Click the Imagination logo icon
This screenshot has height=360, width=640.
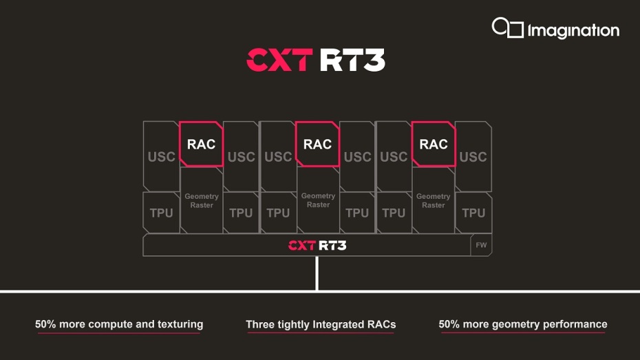click(x=507, y=28)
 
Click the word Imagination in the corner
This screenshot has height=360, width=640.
click(x=573, y=30)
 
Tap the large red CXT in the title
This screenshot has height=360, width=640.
click(x=279, y=60)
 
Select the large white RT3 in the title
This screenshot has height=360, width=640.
click(x=352, y=60)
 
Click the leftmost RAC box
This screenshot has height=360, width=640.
click(x=201, y=144)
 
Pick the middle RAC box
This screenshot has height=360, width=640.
click(x=317, y=144)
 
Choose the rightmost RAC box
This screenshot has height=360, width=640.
click(x=434, y=144)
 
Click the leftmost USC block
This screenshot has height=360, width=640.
click(x=161, y=156)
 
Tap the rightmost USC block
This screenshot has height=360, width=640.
click(x=473, y=156)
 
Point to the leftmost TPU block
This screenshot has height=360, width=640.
click(x=161, y=213)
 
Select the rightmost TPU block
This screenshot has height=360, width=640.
click(x=473, y=213)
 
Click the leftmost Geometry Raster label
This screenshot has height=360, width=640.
click(x=202, y=201)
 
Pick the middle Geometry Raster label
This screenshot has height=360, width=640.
click(x=319, y=200)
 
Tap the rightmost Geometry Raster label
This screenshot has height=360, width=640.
click(x=434, y=201)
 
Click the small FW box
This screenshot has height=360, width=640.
click(x=481, y=245)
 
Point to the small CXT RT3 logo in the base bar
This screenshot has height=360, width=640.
click(x=317, y=245)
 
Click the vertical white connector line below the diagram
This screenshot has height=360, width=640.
click(x=317, y=273)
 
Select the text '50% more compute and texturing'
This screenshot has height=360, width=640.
click(x=119, y=324)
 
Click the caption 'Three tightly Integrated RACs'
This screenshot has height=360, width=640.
click(x=321, y=324)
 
